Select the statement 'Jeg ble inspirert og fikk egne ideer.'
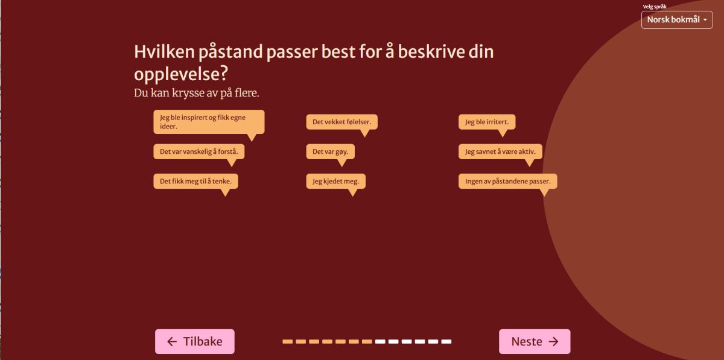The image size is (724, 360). (209, 122)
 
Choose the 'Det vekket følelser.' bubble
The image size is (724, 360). (341, 122)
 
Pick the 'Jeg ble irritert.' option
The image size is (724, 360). (487, 122)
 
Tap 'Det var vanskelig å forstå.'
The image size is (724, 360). (198, 151)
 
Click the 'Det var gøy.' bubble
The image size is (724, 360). (331, 151)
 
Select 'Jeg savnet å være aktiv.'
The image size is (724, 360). (500, 151)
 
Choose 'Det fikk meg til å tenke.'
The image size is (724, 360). (195, 182)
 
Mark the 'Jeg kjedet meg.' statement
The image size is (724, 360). (336, 182)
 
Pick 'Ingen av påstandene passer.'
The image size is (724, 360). (508, 182)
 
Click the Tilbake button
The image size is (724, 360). (194, 341)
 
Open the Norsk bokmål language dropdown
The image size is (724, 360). (677, 20)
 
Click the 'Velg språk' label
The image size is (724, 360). (655, 7)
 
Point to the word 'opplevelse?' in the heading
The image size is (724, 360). (181, 74)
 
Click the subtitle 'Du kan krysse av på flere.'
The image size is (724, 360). (197, 93)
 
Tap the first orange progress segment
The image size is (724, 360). (288, 341)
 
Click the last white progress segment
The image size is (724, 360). (446, 341)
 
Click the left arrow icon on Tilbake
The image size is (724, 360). (172, 341)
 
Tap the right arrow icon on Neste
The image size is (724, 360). (554, 341)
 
